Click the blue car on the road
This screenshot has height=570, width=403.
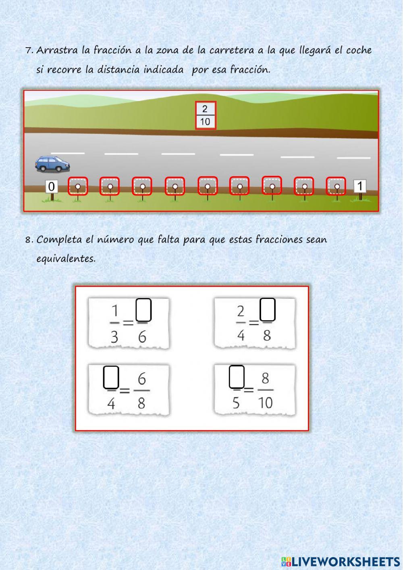point(53,164)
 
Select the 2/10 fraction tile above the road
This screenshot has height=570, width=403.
point(206,115)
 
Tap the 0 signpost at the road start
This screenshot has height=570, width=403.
point(52,187)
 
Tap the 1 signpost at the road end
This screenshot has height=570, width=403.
point(360,186)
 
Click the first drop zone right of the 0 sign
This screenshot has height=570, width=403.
point(78,186)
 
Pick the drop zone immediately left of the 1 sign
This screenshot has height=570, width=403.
point(336,186)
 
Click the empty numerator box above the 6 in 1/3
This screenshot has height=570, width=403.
point(143,310)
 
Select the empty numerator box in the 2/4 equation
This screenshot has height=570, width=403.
point(268,309)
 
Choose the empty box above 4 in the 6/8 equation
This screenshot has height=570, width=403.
point(111,377)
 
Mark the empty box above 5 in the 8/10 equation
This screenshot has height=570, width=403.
point(237,377)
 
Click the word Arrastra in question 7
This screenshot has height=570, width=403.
point(57,50)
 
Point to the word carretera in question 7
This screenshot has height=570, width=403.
point(232,50)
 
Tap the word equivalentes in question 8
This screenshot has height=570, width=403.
point(66,259)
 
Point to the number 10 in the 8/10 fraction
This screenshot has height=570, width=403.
point(265,402)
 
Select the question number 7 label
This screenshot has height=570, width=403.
point(29,51)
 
